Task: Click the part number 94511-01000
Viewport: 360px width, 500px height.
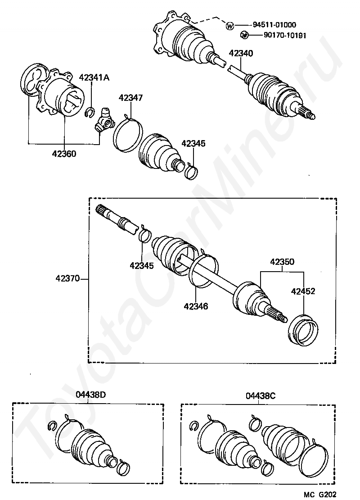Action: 274,25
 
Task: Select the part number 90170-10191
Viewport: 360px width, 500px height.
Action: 285,35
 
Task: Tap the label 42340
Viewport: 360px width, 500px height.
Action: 241,53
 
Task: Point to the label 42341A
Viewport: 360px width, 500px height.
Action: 94,77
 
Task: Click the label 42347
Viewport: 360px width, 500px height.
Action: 130,98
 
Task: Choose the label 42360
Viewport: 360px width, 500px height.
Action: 64,154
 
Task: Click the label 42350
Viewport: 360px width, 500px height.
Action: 282,262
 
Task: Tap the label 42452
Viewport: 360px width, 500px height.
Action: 303,291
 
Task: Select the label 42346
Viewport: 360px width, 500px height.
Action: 196,306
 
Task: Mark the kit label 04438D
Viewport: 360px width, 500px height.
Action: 91,395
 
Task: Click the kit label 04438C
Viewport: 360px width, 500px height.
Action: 261,396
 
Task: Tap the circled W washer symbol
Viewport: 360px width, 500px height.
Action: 229,26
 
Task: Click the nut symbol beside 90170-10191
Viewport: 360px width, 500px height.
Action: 244,34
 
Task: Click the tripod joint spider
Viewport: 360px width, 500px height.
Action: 104,120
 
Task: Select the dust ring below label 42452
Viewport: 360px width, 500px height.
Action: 303,330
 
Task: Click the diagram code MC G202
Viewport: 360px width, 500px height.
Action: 320,495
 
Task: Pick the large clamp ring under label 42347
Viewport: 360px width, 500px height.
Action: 128,134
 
